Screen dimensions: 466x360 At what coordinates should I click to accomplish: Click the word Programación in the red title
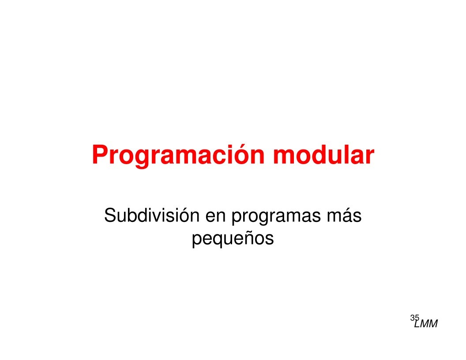178,155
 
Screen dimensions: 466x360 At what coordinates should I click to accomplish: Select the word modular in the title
323,154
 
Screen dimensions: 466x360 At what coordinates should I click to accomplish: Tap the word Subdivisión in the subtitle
151,215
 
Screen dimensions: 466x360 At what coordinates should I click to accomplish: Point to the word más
344,215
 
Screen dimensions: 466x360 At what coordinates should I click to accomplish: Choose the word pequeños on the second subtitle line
233,239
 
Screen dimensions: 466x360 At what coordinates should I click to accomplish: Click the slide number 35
414,318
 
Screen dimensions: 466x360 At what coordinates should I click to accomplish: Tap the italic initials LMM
426,324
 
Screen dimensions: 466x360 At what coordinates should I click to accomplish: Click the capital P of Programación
100,154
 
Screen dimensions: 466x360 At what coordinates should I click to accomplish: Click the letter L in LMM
417,324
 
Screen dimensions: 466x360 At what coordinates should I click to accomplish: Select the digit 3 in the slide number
413,318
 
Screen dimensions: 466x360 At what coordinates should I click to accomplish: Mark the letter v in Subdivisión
158,217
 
